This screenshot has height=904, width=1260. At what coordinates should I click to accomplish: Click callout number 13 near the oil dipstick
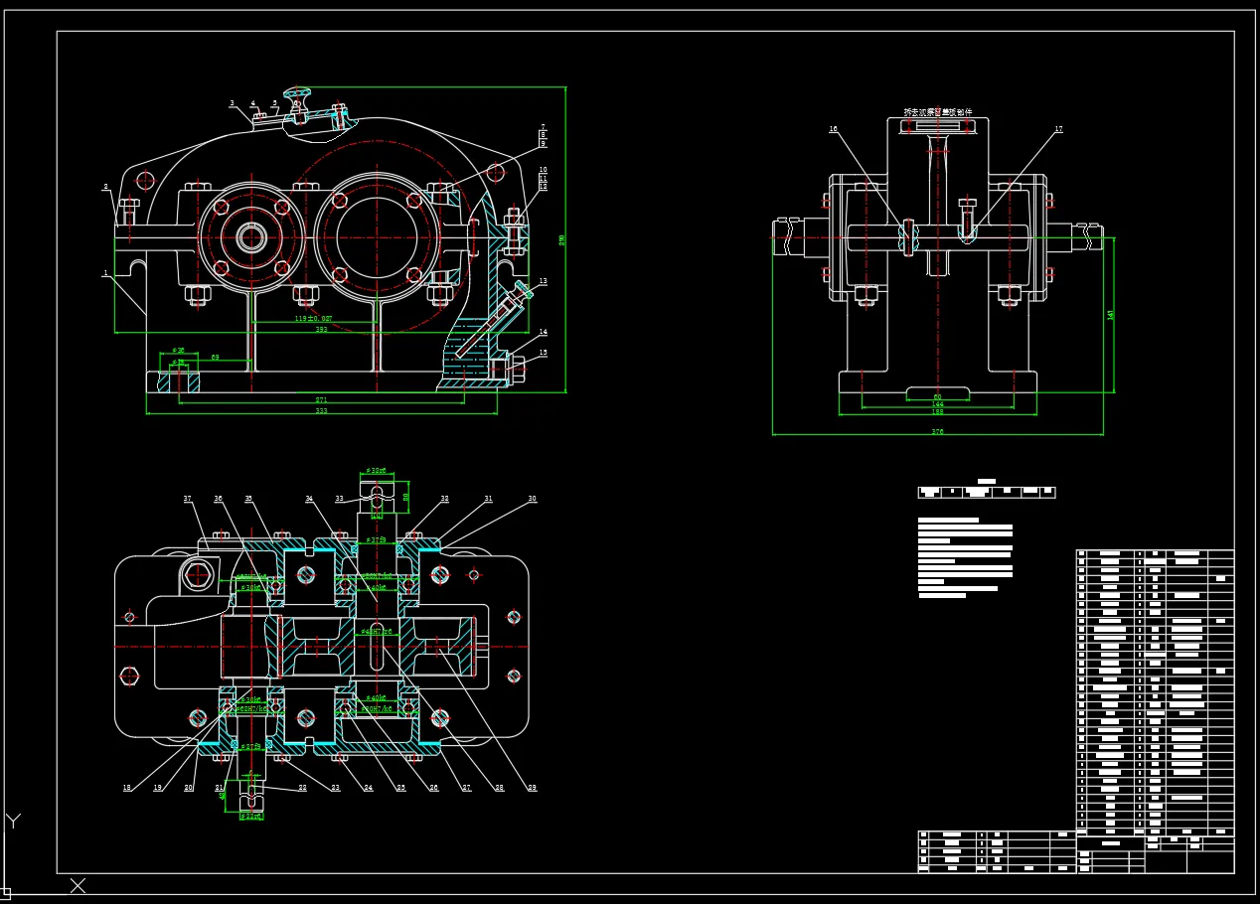[544, 282]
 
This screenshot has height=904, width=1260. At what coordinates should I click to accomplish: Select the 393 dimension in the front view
[321, 329]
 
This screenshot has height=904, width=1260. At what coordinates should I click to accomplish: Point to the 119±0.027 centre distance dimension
[313, 319]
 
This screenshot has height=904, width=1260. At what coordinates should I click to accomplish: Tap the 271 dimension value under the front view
[321, 400]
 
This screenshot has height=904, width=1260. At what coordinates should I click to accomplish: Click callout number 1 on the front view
[105, 272]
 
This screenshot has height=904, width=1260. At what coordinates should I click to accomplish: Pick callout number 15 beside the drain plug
[544, 352]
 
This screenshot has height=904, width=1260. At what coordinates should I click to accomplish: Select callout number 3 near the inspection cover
[232, 103]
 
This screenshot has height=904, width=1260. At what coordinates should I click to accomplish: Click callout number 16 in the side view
[833, 129]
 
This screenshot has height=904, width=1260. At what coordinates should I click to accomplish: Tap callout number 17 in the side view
[1059, 129]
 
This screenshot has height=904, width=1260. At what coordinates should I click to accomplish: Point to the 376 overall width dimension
[937, 431]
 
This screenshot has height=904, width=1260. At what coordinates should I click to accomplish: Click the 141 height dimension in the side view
[1111, 314]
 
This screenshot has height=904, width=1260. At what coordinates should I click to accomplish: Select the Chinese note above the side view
[937, 112]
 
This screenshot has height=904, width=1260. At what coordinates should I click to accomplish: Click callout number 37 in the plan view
[187, 499]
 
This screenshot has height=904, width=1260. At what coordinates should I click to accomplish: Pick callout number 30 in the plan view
[532, 499]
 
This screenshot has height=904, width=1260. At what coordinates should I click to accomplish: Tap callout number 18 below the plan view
[127, 788]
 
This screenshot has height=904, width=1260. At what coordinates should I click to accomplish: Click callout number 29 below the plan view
[532, 788]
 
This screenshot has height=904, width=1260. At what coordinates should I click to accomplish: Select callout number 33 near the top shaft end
[339, 499]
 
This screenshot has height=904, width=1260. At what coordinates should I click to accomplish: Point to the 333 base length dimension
[321, 410]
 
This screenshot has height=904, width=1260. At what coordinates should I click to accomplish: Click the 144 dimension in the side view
[937, 404]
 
